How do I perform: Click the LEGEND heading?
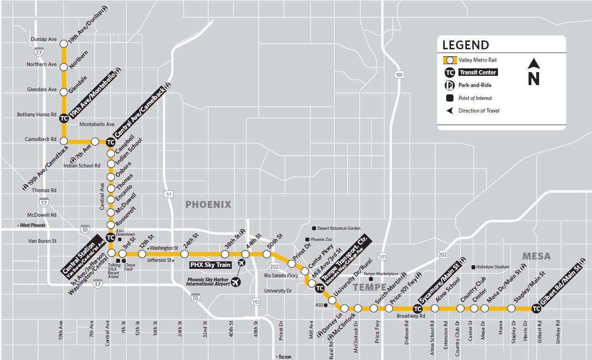tap(465, 45)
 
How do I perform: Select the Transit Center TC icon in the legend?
tap(450, 73)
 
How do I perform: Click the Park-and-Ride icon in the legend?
tap(450, 85)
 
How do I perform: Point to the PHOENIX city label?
tap(208, 205)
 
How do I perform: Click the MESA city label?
tap(536, 256)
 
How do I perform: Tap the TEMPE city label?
tap(370, 287)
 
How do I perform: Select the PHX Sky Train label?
tap(210, 265)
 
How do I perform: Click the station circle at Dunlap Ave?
tap(64, 43)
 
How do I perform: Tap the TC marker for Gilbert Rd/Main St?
tap(536, 308)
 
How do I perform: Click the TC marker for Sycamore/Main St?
tap(417, 308)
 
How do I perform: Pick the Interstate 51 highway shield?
tap(168, 194)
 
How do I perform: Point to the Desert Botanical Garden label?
tap(338, 228)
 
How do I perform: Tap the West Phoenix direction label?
tap(32, 225)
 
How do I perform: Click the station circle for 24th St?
tap(184, 254)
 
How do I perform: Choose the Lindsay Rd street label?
tap(558, 332)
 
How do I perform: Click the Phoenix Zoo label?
tap(321, 240)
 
